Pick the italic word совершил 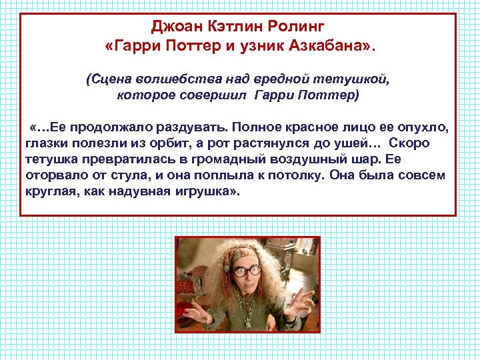[217, 95]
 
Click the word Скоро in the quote [410, 143]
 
